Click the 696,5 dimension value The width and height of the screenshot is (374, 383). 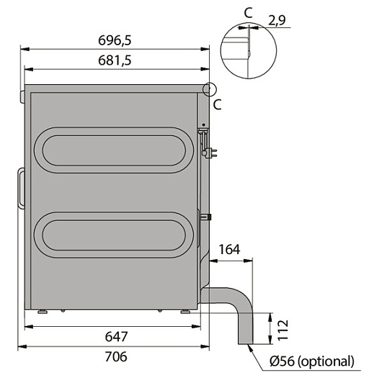pyautogui.click(x=115, y=40)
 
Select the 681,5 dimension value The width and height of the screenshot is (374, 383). pyautogui.click(x=115, y=60)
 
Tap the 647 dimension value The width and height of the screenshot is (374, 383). pyautogui.click(x=116, y=337)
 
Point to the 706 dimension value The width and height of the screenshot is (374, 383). pyautogui.click(x=116, y=356)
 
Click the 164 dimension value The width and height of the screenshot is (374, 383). pyautogui.click(x=229, y=249)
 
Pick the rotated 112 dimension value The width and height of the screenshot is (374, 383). pyautogui.click(x=282, y=330)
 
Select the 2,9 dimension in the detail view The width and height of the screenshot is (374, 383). pyautogui.click(x=277, y=20)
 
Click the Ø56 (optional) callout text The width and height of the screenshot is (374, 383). pyautogui.click(x=312, y=361)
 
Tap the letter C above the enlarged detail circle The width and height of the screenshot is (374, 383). pyautogui.click(x=249, y=13)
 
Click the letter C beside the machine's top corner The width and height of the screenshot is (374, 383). pyautogui.click(x=218, y=104)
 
